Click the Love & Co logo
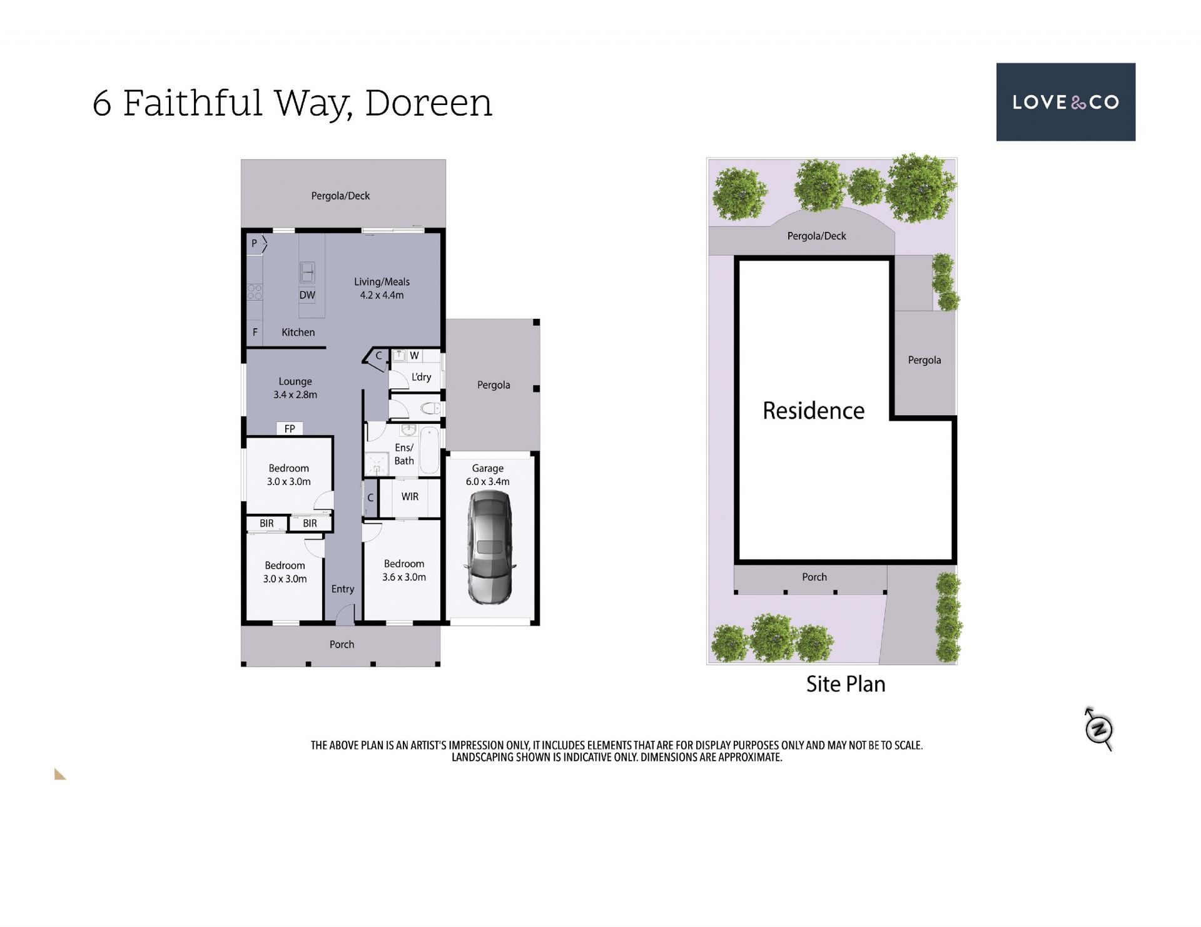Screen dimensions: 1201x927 coord(1065,102)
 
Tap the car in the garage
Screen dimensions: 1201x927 coord(490,548)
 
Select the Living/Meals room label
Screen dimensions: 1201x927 coord(382,288)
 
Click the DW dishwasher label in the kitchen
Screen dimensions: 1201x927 coord(307,295)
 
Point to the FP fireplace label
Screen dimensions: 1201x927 coord(290,429)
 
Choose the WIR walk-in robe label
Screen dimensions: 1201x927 coord(410,497)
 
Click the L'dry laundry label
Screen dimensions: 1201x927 coord(421,377)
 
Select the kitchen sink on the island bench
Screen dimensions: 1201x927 coord(307,272)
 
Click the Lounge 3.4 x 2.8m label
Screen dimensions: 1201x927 coord(295,388)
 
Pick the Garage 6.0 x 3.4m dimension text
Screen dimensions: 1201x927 coord(487,474)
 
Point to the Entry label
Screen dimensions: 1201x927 coord(343,589)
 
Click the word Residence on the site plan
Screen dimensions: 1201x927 coord(813,411)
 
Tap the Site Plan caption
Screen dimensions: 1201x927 coord(846,684)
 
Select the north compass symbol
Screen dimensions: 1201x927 coord(1098,729)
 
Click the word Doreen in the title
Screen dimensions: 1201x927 coord(428,103)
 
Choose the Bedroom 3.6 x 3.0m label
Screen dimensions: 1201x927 coord(404,570)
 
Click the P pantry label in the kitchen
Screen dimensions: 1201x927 coord(254,243)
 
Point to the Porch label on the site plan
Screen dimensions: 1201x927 coord(814,577)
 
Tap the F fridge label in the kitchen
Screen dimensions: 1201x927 coord(255,333)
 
